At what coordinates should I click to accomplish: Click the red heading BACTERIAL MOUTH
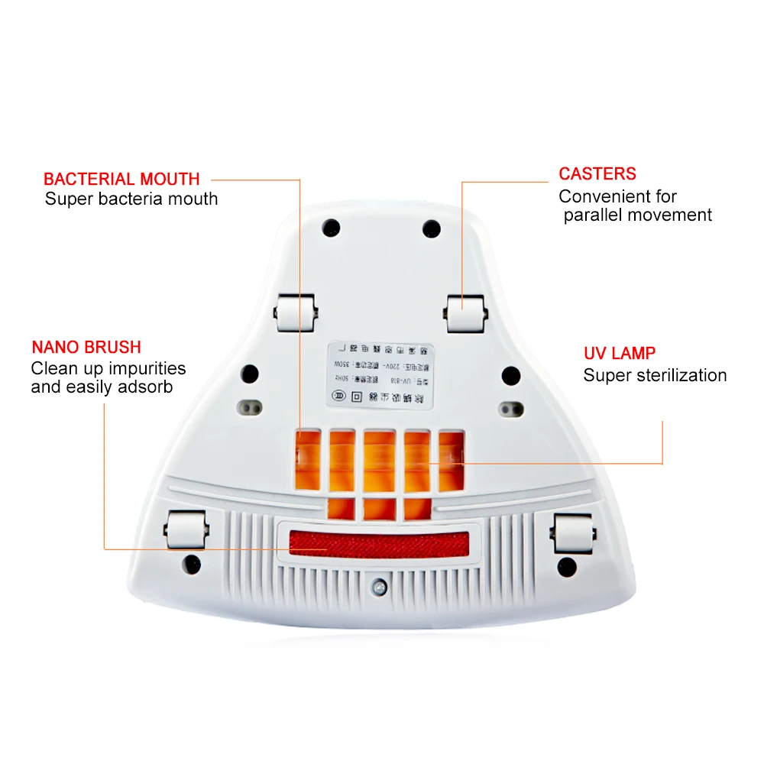(x=121, y=180)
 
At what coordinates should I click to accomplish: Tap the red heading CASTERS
(x=597, y=174)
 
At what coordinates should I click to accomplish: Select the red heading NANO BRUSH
(x=86, y=348)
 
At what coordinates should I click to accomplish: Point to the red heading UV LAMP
(x=619, y=354)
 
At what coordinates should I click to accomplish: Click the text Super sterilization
(x=655, y=375)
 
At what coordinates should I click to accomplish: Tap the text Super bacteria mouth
(x=131, y=199)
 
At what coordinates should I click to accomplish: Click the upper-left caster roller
(x=296, y=314)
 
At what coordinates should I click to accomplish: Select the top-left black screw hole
(x=331, y=228)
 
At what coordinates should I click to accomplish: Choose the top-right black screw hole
(x=432, y=228)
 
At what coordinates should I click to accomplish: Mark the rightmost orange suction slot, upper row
(x=453, y=457)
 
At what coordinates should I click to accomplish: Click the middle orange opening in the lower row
(x=380, y=508)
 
